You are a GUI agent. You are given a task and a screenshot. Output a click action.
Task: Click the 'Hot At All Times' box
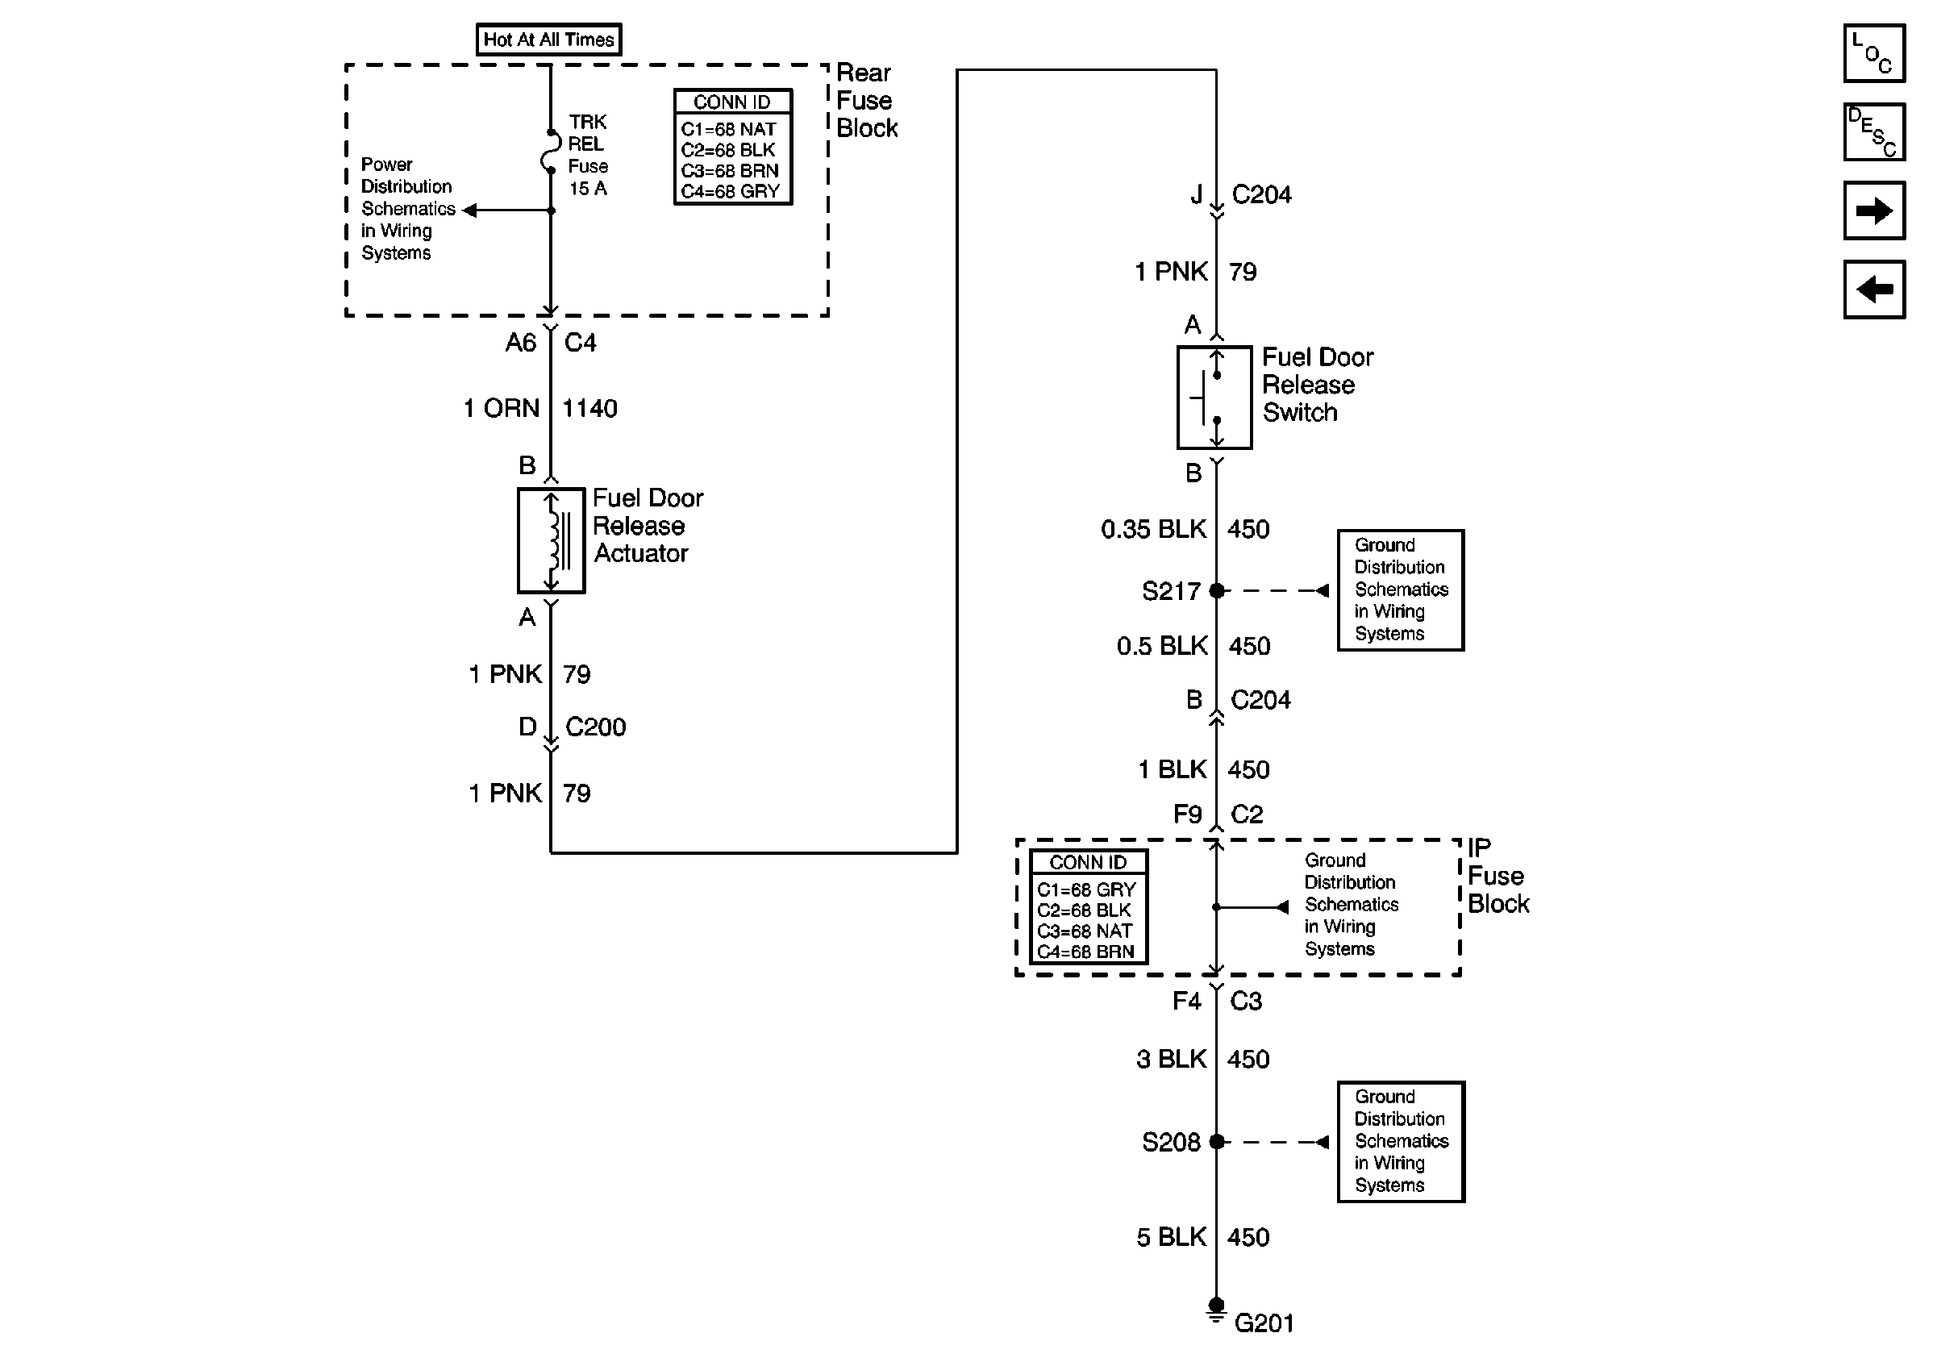point(548,40)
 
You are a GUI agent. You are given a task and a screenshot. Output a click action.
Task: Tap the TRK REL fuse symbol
point(550,152)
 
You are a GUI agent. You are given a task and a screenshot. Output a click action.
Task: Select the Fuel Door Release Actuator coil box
point(551,540)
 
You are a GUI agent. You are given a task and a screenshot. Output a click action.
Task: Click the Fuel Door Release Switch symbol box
point(1214,397)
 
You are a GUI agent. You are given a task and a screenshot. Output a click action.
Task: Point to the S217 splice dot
point(1217,590)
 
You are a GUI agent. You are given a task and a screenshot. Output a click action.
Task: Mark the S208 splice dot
point(1217,1141)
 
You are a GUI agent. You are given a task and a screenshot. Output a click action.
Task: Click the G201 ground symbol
point(1216,1310)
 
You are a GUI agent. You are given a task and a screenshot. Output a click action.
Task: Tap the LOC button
point(1874,53)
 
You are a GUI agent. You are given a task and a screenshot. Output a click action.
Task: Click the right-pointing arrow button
point(1874,210)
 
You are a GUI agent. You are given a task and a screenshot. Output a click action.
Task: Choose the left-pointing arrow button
point(1874,290)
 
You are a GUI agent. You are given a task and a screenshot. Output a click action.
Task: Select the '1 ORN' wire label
point(501,408)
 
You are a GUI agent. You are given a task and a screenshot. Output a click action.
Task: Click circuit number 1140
point(589,408)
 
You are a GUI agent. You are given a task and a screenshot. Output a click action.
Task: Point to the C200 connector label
point(596,727)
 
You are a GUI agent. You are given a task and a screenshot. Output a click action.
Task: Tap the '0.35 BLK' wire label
point(1154,529)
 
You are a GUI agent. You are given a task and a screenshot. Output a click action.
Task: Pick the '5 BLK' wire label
point(1172,1237)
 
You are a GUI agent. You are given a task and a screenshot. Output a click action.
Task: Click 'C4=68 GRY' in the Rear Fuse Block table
point(731,191)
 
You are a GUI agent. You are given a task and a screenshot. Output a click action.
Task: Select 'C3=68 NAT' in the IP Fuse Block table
point(1085,931)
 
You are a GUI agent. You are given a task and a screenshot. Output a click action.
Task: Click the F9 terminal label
point(1188,814)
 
